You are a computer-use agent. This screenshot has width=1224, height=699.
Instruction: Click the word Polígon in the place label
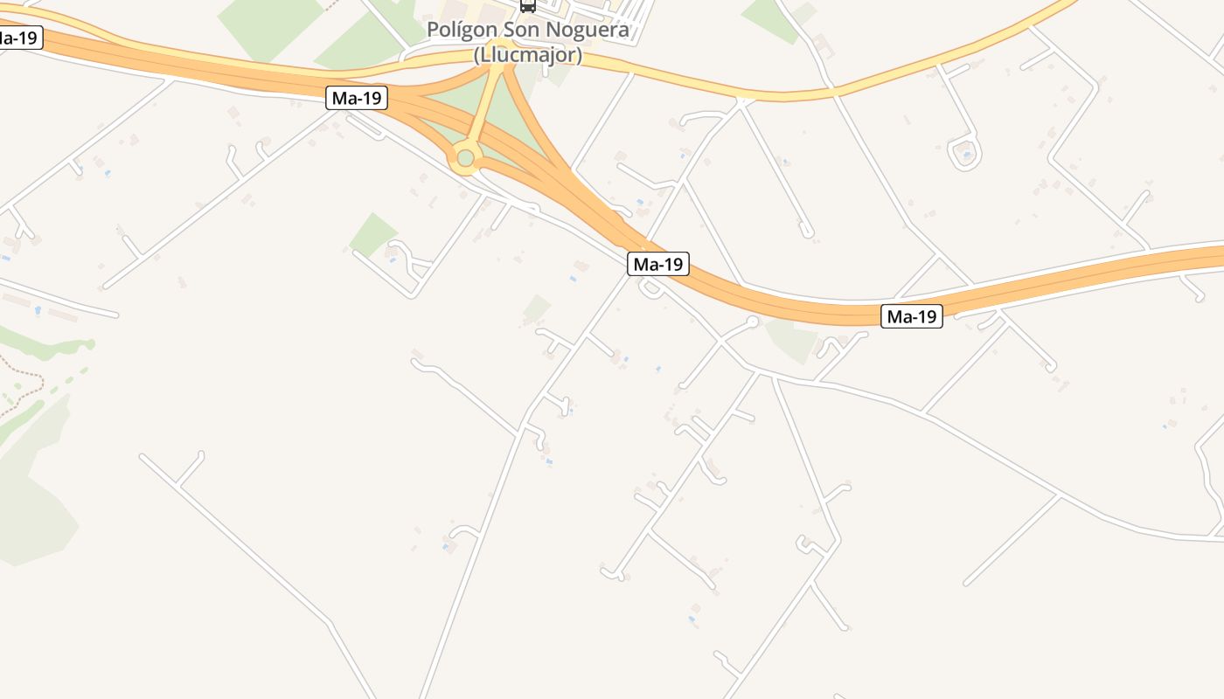click(x=462, y=31)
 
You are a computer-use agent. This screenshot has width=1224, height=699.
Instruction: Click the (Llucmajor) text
click(x=528, y=55)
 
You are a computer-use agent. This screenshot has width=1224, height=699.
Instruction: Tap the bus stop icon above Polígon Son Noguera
click(x=528, y=5)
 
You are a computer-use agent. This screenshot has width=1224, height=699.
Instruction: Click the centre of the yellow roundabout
click(x=465, y=158)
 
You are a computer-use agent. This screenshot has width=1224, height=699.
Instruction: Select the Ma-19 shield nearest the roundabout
click(x=357, y=98)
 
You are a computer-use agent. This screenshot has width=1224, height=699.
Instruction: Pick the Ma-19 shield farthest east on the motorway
click(x=911, y=316)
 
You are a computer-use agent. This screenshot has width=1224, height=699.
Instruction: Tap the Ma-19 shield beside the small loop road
click(x=657, y=264)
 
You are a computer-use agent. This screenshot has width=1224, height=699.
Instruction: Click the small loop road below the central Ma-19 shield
click(x=650, y=288)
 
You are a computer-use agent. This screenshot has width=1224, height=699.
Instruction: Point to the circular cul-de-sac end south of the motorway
click(x=752, y=322)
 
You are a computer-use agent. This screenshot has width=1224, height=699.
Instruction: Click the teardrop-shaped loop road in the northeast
click(x=964, y=154)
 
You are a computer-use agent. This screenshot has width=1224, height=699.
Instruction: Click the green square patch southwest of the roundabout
click(x=373, y=233)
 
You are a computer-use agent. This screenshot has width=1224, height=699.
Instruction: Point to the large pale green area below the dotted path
click(x=35, y=498)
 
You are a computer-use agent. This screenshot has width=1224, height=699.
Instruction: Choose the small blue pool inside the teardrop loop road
click(x=965, y=155)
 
